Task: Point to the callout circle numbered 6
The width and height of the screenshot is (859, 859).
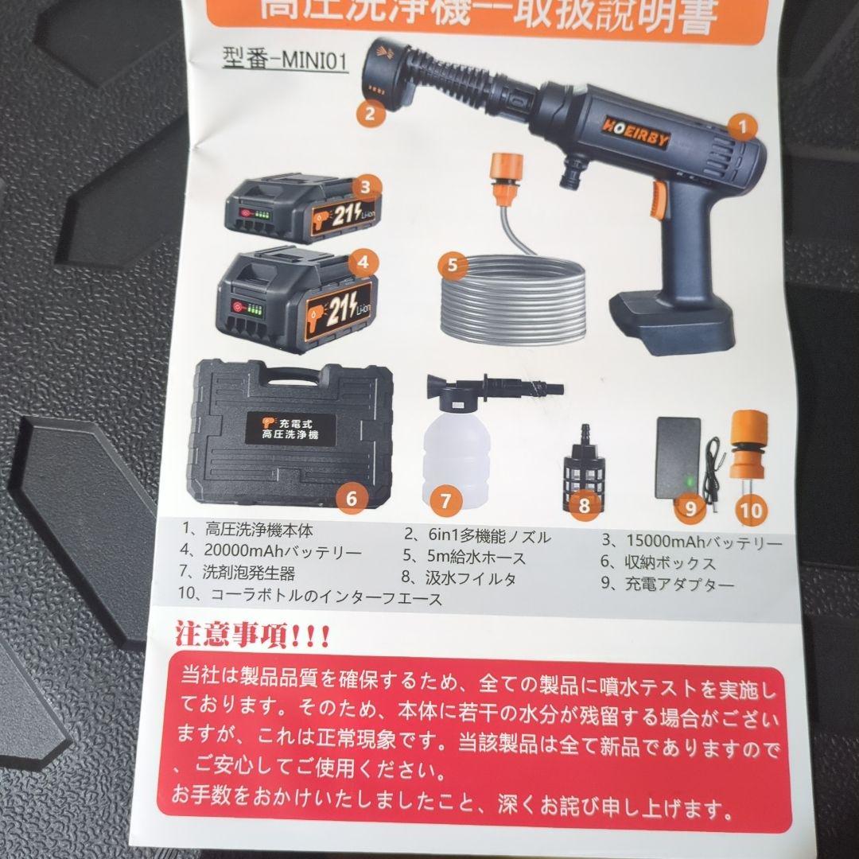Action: click(352, 499)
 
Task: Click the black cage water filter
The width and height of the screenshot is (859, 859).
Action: click(586, 478)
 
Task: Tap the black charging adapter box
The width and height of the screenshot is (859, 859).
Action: click(678, 457)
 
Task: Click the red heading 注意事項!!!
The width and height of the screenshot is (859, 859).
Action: click(253, 637)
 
